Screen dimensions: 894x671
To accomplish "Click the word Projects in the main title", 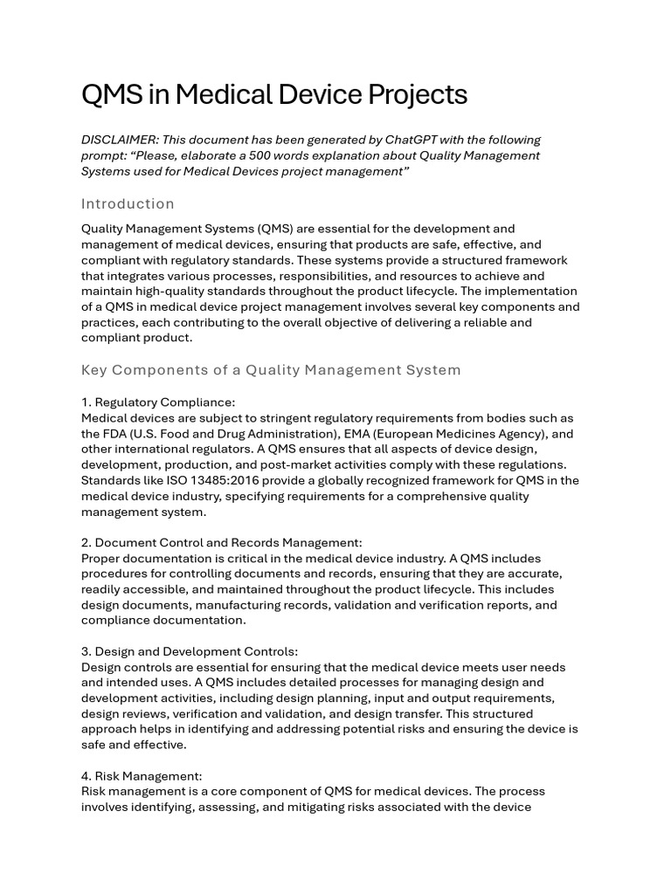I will click(x=415, y=94).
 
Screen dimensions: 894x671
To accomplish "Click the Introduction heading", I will click(x=128, y=203).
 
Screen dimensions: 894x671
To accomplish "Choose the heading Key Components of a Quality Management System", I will click(x=271, y=369).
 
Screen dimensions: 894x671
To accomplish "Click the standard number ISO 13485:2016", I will click(x=173, y=480).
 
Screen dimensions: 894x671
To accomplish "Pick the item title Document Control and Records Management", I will click(x=228, y=542).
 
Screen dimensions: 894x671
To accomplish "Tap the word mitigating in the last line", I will click(x=290, y=807).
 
